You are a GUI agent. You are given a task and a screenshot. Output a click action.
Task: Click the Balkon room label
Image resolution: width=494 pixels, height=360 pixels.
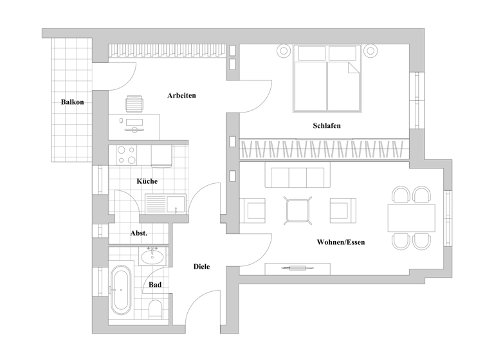(x=73, y=102)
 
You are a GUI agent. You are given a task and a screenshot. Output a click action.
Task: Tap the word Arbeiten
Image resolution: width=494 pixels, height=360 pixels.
(x=181, y=96)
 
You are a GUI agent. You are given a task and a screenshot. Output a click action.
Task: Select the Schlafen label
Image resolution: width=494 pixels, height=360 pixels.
(x=327, y=125)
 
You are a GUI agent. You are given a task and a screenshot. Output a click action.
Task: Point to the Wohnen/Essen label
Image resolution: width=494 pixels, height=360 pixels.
(x=341, y=242)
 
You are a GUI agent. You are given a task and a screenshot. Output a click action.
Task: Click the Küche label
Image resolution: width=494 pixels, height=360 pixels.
(x=147, y=181)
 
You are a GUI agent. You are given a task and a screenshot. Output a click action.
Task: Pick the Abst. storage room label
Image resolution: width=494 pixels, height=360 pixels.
(x=139, y=233)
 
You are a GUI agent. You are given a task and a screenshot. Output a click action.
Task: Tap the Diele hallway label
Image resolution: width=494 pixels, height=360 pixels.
(x=201, y=266)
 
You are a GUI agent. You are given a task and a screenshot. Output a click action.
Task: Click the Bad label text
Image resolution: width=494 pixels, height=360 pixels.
(x=155, y=284)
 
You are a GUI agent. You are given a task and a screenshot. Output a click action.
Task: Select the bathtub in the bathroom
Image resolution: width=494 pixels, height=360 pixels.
(x=120, y=291)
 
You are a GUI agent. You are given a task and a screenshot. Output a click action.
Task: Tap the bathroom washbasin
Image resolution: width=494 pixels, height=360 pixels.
(x=152, y=256)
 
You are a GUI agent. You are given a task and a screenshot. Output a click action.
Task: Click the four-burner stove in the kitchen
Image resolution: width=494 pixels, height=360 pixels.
(x=125, y=155)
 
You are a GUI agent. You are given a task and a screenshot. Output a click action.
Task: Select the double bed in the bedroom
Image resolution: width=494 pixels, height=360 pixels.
(x=326, y=78)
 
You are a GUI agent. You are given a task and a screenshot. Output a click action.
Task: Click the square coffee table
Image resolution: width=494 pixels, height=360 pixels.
(x=298, y=210)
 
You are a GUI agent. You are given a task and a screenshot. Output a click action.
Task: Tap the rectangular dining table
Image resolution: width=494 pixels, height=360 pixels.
(x=411, y=219)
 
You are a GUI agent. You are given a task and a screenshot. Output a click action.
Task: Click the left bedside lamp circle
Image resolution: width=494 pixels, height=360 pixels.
(x=283, y=50)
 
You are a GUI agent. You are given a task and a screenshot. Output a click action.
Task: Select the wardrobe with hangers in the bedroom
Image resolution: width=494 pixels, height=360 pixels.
(x=325, y=149)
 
